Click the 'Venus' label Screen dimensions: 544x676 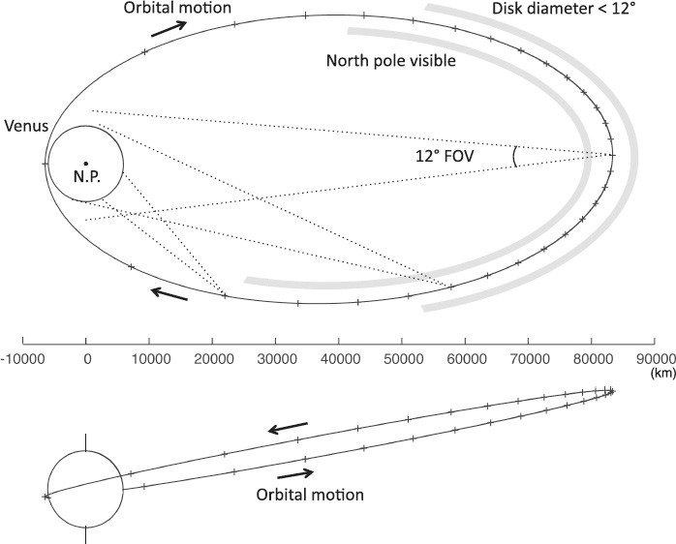click(24, 127)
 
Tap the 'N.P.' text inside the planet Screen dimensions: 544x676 click(86, 178)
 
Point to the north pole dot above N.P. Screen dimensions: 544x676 click(86, 164)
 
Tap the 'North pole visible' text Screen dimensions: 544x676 click(390, 60)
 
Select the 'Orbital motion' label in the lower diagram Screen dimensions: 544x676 click(310, 495)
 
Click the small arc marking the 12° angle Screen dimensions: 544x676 click(514, 156)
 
